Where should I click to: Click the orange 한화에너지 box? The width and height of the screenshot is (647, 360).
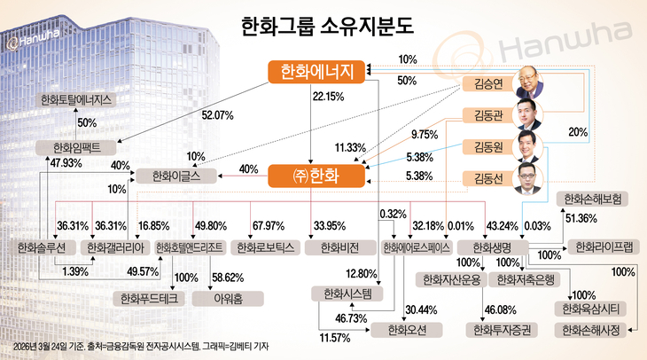[316, 74]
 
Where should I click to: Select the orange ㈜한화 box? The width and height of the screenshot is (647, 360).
[316, 176]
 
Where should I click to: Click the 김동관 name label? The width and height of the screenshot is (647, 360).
[483, 116]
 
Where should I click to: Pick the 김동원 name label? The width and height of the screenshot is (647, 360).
[483, 147]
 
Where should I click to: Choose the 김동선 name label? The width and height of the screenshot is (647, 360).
[483, 178]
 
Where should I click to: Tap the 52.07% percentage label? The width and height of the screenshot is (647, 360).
[218, 115]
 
